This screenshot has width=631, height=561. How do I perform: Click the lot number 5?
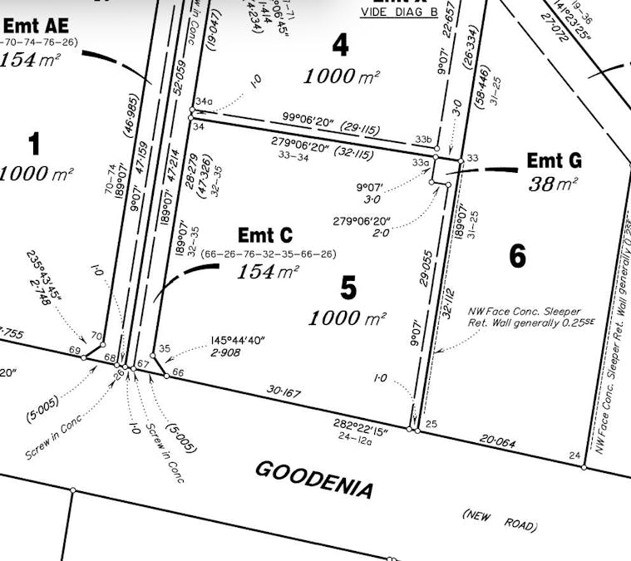[x=349, y=288]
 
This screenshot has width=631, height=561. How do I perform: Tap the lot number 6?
[x=517, y=257]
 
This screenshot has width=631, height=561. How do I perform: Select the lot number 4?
[x=340, y=46]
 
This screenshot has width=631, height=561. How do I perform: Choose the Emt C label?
[x=265, y=236]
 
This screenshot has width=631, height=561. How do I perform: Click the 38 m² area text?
[x=552, y=183]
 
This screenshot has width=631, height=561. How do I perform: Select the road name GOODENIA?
[x=313, y=480]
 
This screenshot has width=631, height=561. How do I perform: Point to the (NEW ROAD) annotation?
[x=500, y=520]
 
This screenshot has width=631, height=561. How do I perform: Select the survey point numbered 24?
[x=574, y=455]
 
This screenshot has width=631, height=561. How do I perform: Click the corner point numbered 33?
[x=473, y=158]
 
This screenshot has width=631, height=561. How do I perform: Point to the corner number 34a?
[x=205, y=101]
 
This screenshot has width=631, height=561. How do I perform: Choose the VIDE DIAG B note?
[x=398, y=13]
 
